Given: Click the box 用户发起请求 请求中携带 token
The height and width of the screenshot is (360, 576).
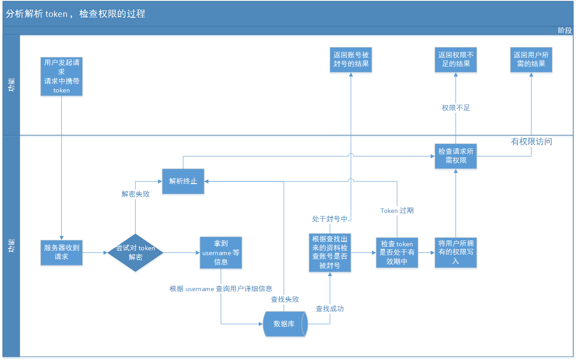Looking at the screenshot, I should (x=62, y=76).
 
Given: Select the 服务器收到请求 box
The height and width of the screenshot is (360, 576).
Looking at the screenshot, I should (x=62, y=252).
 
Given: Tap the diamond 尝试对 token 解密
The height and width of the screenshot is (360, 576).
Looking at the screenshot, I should (x=136, y=252).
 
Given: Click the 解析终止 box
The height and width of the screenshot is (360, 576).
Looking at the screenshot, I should (x=183, y=181).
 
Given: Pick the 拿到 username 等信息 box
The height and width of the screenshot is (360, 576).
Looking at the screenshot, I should (x=221, y=252).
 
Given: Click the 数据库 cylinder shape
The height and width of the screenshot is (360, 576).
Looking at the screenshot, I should (x=285, y=324).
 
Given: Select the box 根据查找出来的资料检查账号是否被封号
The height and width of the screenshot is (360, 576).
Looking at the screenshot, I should (x=330, y=252).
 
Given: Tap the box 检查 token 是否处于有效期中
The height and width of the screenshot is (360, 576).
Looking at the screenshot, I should (x=397, y=252).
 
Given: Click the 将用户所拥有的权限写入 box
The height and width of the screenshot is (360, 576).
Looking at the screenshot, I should (x=456, y=252).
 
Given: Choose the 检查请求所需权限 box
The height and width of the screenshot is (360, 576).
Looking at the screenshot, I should (x=456, y=156).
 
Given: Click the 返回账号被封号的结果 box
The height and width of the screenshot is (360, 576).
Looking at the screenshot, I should (x=351, y=60).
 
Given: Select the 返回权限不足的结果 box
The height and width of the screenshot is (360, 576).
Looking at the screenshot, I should (x=456, y=60).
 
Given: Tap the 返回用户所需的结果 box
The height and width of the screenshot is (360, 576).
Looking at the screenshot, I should (x=531, y=60).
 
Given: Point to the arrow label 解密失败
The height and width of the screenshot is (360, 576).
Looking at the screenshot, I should (x=136, y=194).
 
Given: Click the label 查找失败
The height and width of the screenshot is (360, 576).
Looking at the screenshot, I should (x=285, y=299).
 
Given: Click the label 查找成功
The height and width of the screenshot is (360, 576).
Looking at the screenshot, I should (x=330, y=308).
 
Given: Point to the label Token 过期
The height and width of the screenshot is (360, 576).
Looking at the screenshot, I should (x=397, y=210).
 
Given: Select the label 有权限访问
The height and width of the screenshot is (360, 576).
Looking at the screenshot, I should (x=532, y=142).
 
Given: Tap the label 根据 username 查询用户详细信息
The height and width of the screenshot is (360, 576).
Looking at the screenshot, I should (x=221, y=288).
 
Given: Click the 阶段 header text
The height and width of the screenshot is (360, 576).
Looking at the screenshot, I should (x=565, y=30).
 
